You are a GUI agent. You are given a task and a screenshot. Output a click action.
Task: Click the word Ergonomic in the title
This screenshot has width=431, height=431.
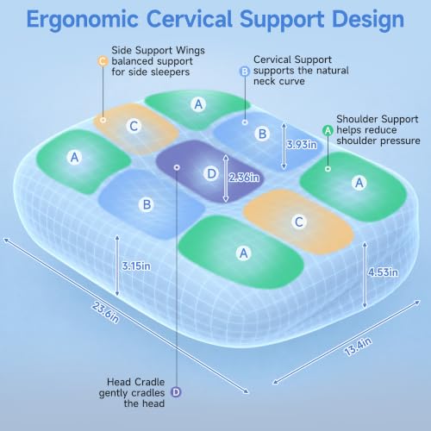[x=83, y=20]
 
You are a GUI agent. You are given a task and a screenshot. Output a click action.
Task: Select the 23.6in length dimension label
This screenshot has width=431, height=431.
[x=105, y=312]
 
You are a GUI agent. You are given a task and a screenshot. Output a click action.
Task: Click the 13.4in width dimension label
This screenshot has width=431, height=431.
[x=358, y=347]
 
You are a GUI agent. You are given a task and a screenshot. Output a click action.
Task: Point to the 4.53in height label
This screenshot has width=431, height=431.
[x=383, y=272]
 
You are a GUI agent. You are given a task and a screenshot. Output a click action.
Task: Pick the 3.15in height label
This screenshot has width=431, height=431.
[x=136, y=266]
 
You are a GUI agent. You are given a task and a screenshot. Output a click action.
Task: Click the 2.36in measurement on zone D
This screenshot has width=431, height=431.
[x=244, y=178]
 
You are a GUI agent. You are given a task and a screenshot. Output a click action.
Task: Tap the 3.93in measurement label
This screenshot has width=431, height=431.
[x=302, y=145]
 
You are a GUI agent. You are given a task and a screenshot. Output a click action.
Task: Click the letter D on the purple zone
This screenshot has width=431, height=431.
[x=211, y=173]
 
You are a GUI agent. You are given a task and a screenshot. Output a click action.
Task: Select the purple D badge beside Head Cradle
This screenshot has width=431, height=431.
[x=176, y=392]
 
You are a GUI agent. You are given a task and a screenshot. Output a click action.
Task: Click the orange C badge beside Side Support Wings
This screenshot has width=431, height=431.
[x=103, y=61]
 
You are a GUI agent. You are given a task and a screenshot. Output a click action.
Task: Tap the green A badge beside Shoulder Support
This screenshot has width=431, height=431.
[x=328, y=130]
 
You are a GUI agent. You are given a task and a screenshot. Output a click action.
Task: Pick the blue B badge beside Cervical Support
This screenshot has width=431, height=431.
[x=245, y=71]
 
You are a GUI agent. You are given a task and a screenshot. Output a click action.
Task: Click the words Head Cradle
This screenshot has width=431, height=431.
[x=135, y=382]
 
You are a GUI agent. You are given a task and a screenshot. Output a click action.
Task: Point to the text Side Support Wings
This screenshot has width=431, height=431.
[x=158, y=50]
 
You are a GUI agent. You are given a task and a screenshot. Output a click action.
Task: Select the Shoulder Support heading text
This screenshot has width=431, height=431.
[x=378, y=119]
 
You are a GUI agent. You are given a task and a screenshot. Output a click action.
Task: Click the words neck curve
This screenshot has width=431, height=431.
[x=279, y=81]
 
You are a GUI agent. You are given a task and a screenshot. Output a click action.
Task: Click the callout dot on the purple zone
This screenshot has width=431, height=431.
[x=177, y=167]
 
